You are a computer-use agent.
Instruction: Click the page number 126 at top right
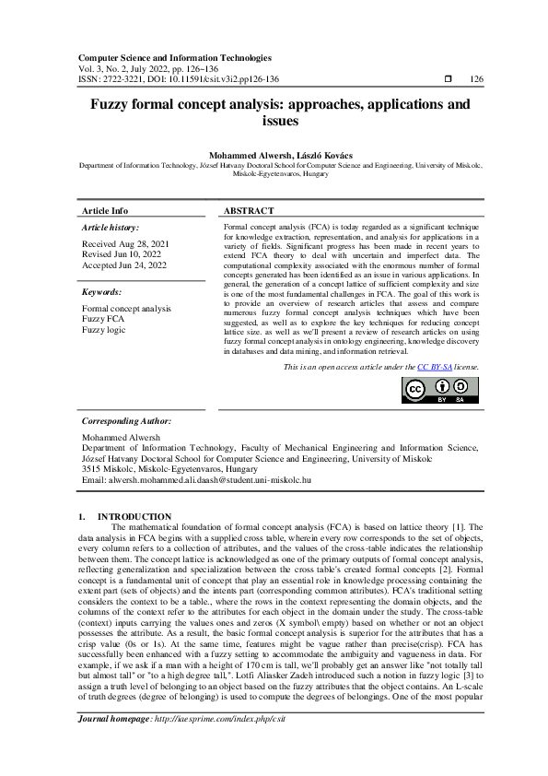tap(476, 79)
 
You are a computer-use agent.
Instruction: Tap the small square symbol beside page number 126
tap(448, 79)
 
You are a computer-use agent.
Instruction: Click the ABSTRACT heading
tap(249, 210)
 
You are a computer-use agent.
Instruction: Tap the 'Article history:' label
tap(111, 227)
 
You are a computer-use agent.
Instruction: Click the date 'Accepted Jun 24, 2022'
tap(124, 265)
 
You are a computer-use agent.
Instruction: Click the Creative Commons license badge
tap(440, 391)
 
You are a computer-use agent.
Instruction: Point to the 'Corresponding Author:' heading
tap(126, 420)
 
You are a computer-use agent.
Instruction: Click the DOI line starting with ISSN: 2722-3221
tap(180, 79)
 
